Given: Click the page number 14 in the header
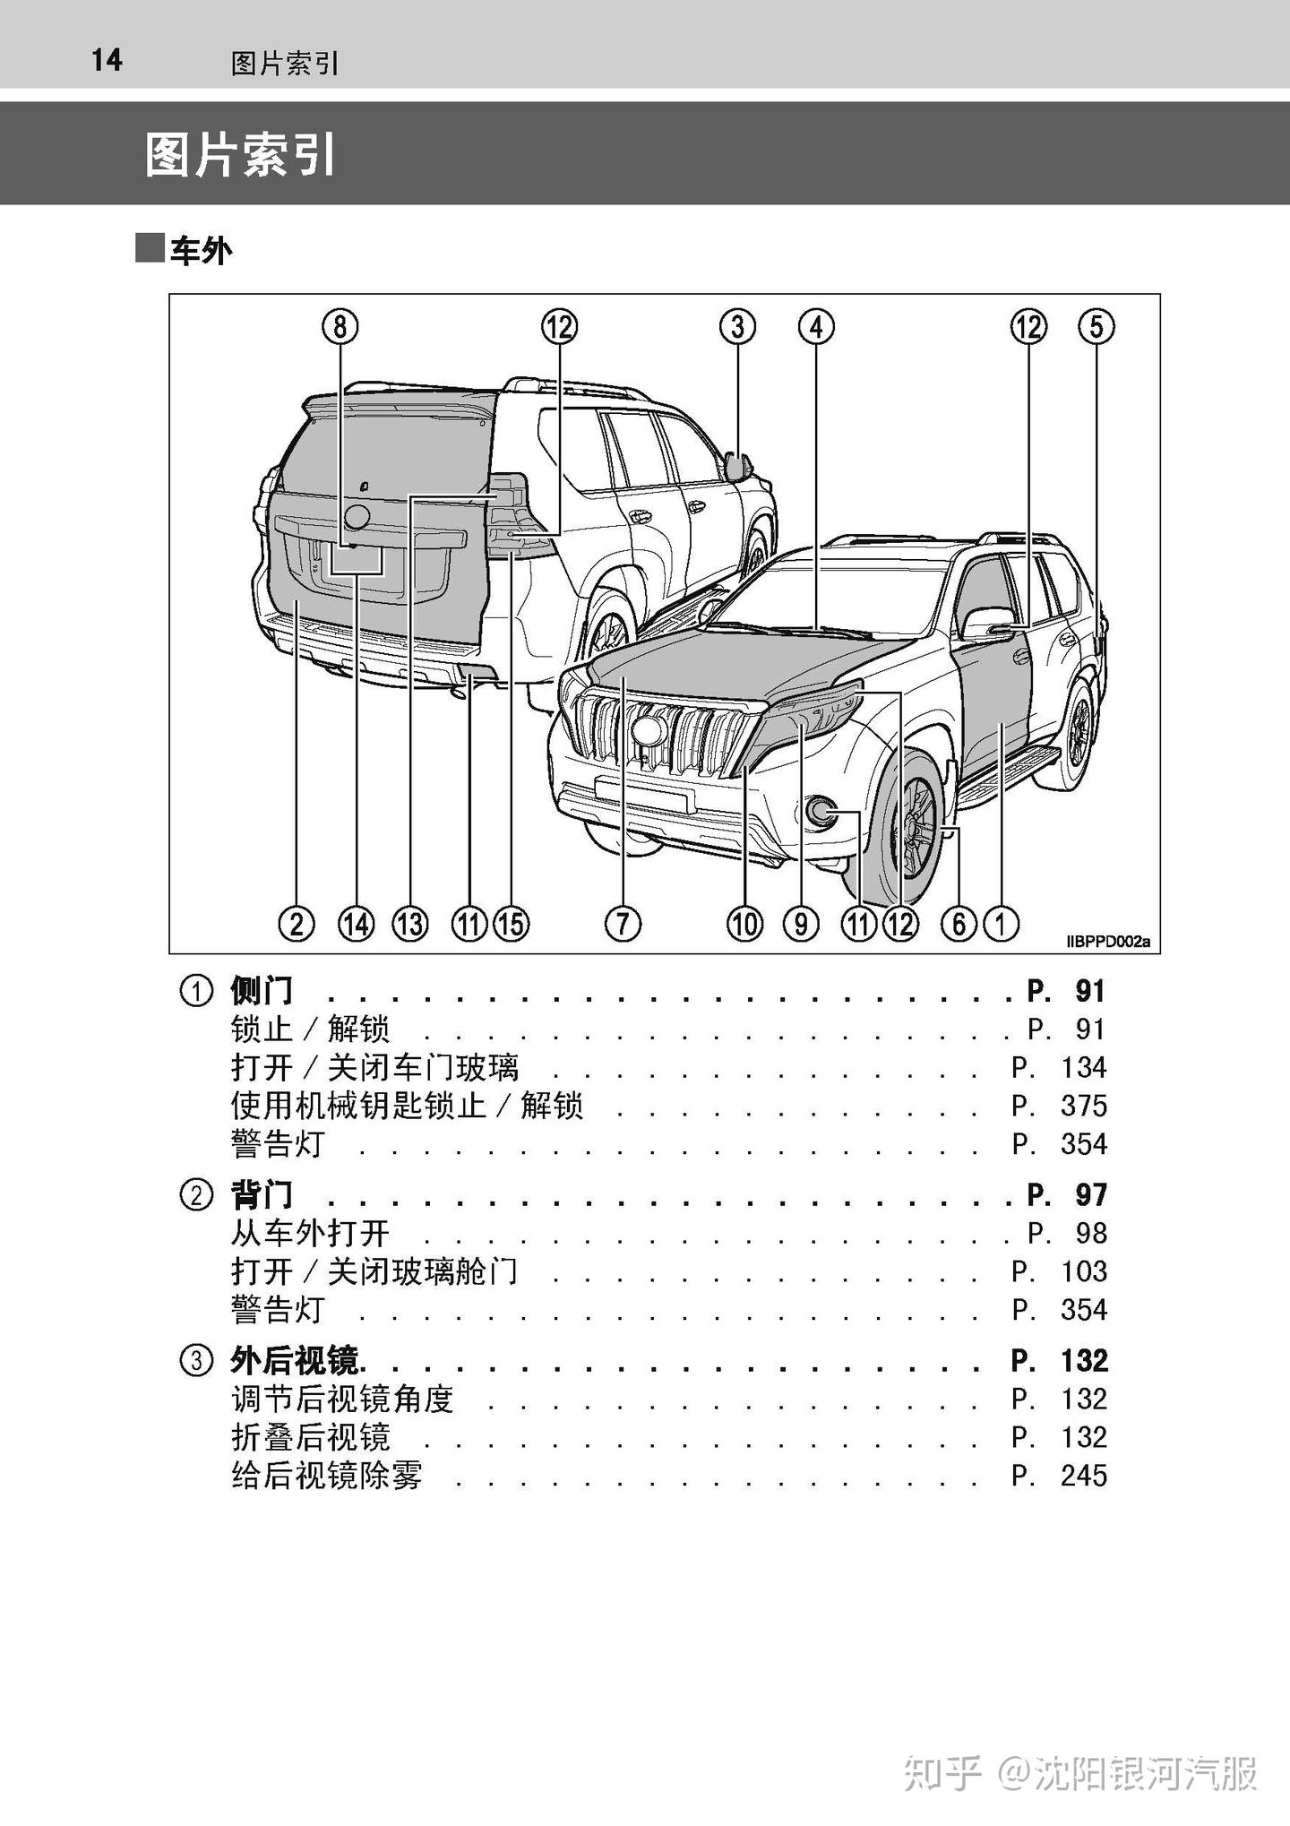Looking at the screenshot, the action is coord(107,60).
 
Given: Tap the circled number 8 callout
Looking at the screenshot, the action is coord(340,326).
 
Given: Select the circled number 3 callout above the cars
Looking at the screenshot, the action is coord(737,326).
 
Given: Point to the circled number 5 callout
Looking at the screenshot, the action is coord(1096,326).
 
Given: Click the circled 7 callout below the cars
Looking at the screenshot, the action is coord(623,923).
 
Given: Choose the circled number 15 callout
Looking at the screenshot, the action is coord(512,923).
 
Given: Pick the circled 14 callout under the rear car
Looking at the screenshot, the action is coord(356,923).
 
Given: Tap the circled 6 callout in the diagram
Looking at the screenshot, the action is coord(958,923).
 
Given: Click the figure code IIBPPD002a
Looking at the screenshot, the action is coord(1107,942).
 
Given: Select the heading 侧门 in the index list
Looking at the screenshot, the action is coord(262,991).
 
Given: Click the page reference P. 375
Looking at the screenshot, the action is coord(1059,1106).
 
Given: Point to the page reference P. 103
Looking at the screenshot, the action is coord(1059,1271).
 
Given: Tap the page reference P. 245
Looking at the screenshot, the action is coord(1059,1476).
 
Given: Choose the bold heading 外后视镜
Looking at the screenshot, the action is coord(296,1361).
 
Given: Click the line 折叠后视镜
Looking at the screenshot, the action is coord(311,1437).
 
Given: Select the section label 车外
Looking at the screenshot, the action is coord(201,251).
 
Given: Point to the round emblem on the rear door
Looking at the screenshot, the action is coord(357,516).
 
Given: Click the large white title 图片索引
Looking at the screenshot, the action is coord(240,155).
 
